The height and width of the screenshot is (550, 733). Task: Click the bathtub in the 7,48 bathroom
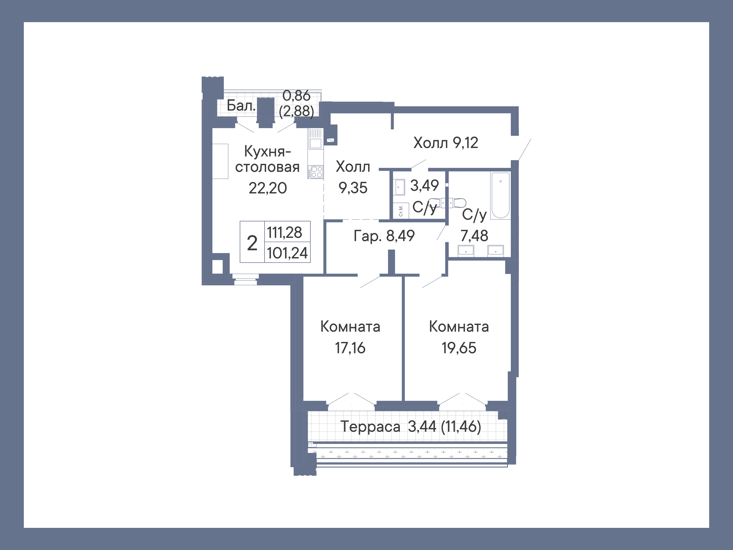point(500,196)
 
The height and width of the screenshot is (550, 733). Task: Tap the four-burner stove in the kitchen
point(316,172)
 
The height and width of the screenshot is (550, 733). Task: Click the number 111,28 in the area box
point(284,232)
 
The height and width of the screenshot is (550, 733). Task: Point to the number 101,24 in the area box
point(287,253)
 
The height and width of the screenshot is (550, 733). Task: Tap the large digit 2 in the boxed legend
point(252,243)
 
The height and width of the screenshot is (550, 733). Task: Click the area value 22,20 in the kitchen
point(268,188)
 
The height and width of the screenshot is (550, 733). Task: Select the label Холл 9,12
point(445,143)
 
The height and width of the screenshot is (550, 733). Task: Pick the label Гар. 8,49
point(384,236)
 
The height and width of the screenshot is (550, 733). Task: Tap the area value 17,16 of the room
point(350,348)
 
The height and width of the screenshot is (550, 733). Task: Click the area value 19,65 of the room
point(459,348)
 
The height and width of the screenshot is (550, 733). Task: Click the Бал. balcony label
point(241,106)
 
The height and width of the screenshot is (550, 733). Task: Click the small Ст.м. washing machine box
point(401,211)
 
